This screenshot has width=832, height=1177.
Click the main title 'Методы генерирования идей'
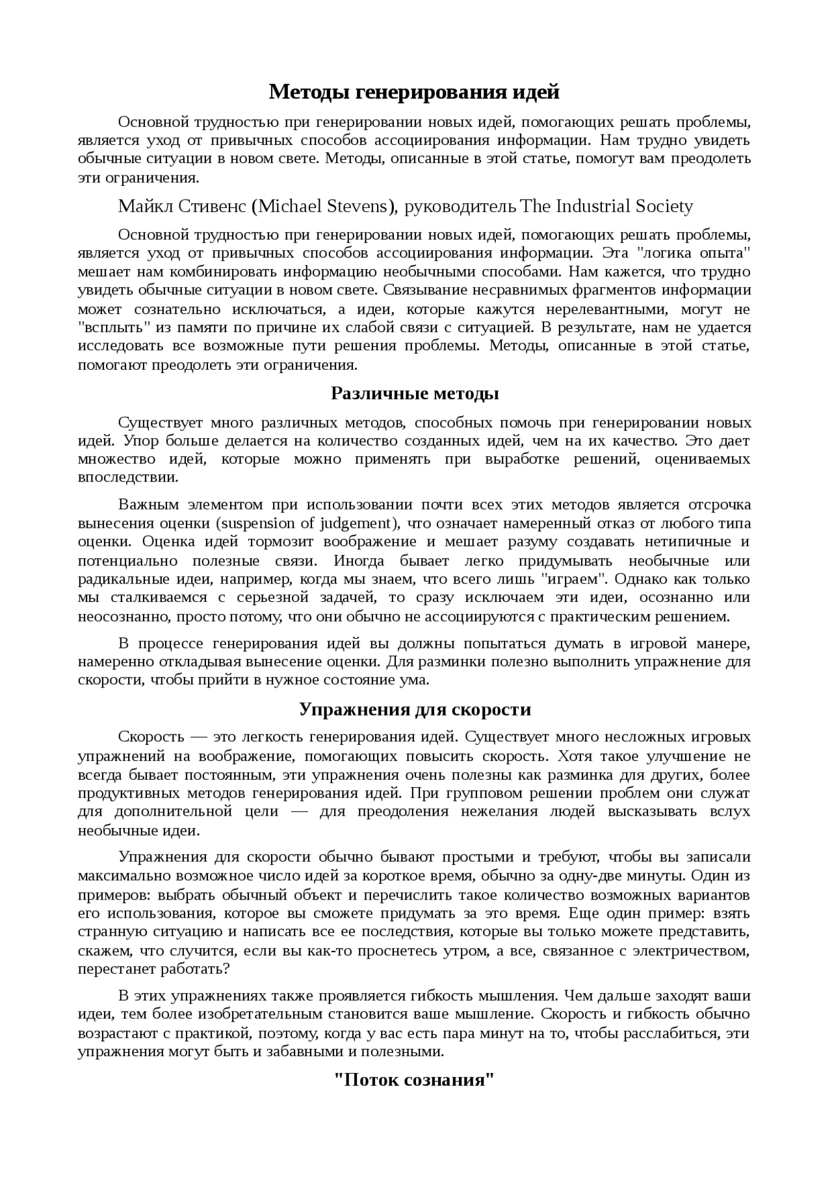pyautogui.click(x=414, y=92)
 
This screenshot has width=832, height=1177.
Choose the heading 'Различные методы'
pyautogui.click(x=415, y=393)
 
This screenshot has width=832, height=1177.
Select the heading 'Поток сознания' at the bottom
pyautogui.click(x=415, y=1080)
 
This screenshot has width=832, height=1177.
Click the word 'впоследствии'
pyautogui.click(x=127, y=477)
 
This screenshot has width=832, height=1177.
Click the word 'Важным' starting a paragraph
pyautogui.click(x=146, y=505)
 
